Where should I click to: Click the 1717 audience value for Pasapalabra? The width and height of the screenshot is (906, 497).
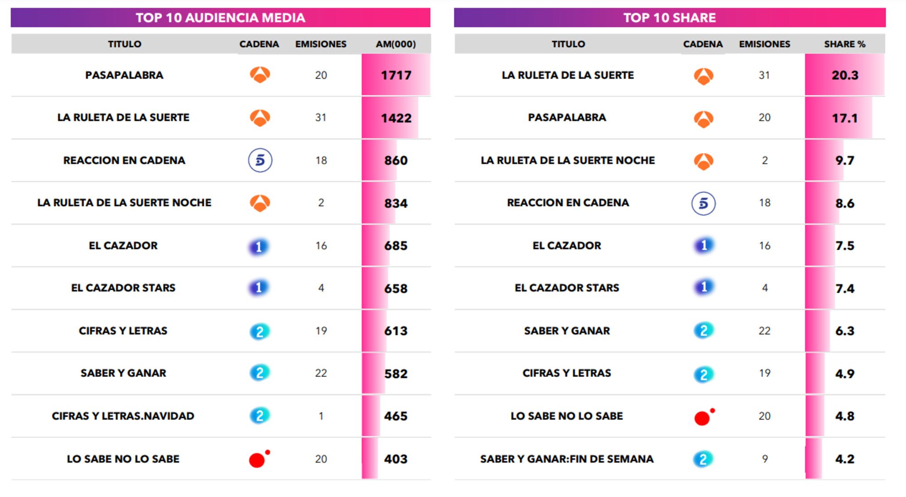point(396,75)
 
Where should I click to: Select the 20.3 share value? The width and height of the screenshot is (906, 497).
point(844,75)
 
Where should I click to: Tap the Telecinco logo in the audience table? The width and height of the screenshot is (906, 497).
point(260,160)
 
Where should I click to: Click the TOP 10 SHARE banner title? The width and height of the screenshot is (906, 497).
point(669,18)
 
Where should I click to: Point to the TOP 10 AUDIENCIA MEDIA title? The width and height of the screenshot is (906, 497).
point(220,18)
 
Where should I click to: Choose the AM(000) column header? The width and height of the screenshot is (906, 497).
point(395,44)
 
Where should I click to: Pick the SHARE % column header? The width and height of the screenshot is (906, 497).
point(844,44)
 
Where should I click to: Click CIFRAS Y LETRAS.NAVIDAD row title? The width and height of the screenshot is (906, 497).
point(123,416)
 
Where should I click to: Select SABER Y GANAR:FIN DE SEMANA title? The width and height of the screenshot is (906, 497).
point(567,459)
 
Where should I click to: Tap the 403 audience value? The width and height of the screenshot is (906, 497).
point(395,459)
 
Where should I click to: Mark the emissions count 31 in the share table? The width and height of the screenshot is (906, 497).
point(764,75)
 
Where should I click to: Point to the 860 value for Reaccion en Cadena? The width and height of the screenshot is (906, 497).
point(395,160)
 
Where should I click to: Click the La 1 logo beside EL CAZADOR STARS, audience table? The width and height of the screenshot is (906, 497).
point(259,288)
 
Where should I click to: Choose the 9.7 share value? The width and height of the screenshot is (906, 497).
point(844,160)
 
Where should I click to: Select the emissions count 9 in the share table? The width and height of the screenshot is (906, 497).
point(765,459)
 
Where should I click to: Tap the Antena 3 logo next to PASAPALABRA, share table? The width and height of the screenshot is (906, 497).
point(704,119)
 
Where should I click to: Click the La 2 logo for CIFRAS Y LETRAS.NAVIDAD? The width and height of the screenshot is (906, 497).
point(260,416)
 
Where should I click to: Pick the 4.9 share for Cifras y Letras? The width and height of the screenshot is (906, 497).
point(844,374)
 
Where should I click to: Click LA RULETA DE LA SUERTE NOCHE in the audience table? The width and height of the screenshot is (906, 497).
point(124,203)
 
